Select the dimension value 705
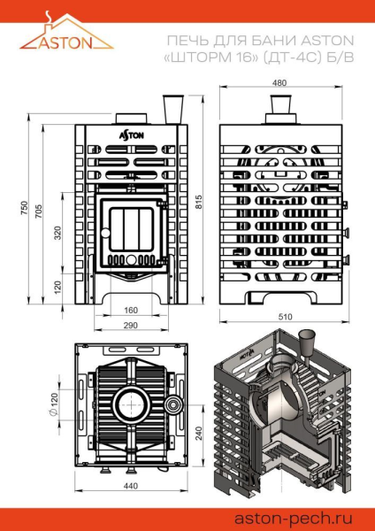(x=38, y=213)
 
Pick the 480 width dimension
(x=280, y=83)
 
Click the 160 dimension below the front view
(x=130, y=311)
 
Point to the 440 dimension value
(x=130, y=487)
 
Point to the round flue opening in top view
(x=130, y=403)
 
